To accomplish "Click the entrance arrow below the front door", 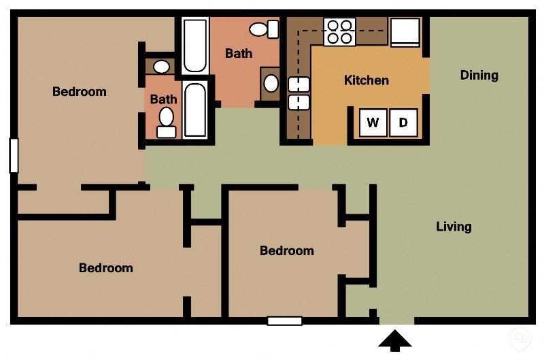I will click(x=395, y=340).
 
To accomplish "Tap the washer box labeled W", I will click(x=373, y=122).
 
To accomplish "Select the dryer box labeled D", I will click(x=403, y=122).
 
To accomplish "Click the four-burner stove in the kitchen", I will click(x=339, y=31).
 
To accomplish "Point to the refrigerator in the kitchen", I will click(x=406, y=31).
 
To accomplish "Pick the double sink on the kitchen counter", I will click(x=299, y=93).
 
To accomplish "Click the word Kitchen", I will click(x=367, y=80).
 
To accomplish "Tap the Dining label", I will click(x=479, y=75).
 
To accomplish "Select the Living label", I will click(x=454, y=227).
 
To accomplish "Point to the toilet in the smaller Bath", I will click(x=167, y=121).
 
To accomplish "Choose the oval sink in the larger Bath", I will click(x=271, y=84).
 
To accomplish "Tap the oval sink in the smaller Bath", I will click(x=161, y=67).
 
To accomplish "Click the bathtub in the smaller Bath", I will click(x=195, y=110).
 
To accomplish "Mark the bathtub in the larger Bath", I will click(x=194, y=45).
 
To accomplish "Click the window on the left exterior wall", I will click(x=13, y=155).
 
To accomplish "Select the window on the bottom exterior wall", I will click(x=284, y=321).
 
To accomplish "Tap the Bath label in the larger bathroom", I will click(x=239, y=53).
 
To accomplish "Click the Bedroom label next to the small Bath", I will click(x=80, y=91).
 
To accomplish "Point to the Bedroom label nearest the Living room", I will click(x=287, y=250).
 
